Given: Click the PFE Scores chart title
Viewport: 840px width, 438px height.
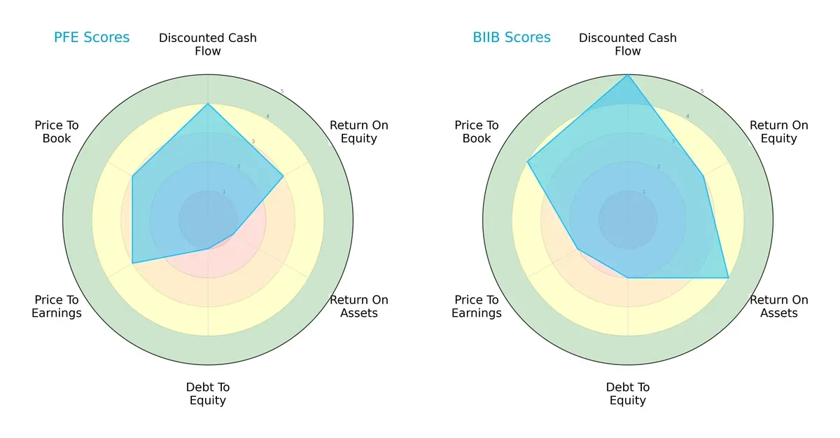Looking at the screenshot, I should pyautogui.click(x=92, y=38).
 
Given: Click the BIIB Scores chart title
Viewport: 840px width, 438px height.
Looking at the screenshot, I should pyautogui.click(x=512, y=38).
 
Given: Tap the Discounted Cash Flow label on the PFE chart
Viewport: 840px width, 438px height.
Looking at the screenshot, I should pyautogui.click(x=208, y=44).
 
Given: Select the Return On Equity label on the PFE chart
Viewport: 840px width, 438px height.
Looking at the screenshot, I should pyautogui.click(x=359, y=132).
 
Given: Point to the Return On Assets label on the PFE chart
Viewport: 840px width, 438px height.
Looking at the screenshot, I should pyautogui.click(x=359, y=306).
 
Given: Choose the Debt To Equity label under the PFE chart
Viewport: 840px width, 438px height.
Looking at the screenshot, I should pyautogui.click(x=208, y=394).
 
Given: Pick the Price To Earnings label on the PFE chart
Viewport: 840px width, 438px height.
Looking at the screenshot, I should pyautogui.click(x=57, y=306).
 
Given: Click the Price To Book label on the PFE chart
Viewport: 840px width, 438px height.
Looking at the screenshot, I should pyautogui.click(x=57, y=132).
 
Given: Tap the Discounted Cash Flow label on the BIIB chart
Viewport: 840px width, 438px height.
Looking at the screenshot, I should pyautogui.click(x=628, y=44).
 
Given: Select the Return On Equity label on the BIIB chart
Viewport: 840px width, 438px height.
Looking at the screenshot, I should pyautogui.click(x=779, y=132).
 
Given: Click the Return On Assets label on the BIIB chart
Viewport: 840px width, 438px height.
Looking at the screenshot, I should pyautogui.click(x=779, y=306).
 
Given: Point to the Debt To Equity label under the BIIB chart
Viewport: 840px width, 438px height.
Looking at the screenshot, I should pyautogui.click(x=628, y=394).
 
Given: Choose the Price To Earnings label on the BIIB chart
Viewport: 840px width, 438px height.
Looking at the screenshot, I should pyautogui.click(x=477, y=306).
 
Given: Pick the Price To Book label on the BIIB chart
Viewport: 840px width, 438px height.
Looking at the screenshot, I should pyautogui.click(x=477, y=132).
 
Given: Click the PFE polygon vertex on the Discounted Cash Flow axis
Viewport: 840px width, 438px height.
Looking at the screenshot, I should pyautogui.click(x=208, y=104).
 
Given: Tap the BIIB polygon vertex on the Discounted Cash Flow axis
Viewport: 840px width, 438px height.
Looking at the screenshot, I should pyautogui.click(x=628, y=75).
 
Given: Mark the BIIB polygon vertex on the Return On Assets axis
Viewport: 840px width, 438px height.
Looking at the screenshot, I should pyautogui.click(x=729, y=278).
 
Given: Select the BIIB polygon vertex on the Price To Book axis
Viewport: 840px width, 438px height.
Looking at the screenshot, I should pyautogui.click(x=527, y=162).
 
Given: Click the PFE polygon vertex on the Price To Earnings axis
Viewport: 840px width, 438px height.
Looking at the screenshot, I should pyautogui.click(x=133, y=264).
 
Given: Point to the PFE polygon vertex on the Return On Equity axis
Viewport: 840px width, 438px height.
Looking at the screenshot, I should pyautogui.click(x=283, y=176).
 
